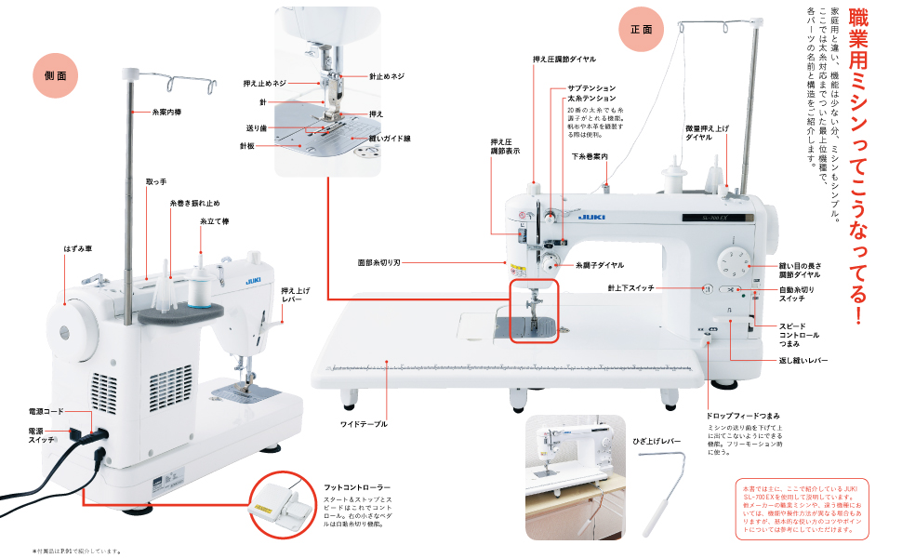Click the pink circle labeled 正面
click(x=642, y=29)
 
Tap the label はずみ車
click(x=78, y=251)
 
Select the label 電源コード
click(x=47, y=410)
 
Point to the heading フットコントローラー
click(x=357, y=487)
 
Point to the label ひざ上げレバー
click(x=657, y=441)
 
